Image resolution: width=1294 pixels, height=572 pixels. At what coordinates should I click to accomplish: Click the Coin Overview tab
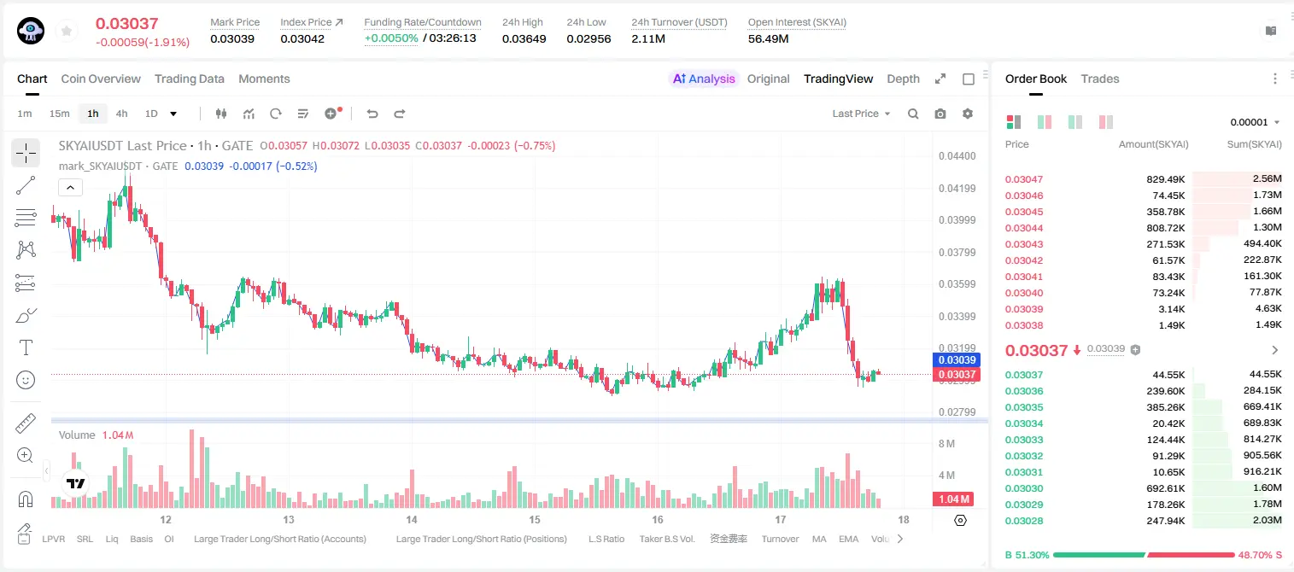pos(101,79)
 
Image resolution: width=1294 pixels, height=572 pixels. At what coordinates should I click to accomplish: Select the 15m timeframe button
pos(60,114)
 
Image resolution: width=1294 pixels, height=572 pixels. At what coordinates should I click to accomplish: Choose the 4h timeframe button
pos(121,114)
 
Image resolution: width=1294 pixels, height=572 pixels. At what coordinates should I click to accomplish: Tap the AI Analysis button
pos(704,79)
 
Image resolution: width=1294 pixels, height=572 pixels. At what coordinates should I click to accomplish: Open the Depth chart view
pos(903,79)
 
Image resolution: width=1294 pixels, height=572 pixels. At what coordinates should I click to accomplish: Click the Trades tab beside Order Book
pos(1100,79)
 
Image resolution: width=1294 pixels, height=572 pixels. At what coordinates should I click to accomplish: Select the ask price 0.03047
pos(1023,179)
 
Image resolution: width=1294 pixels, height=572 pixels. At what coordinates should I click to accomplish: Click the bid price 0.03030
pos(1023,488)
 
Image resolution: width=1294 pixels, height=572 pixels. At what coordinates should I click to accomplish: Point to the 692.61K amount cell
pos(1165,488)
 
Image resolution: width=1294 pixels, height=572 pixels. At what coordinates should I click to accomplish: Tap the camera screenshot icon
pos(940,114)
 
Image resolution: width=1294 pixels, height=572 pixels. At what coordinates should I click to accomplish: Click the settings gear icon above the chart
pos(968,114)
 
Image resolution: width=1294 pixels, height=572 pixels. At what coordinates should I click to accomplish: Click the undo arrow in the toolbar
pos(372,114)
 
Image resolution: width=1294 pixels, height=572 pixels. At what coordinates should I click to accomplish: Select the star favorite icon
pos(67,31)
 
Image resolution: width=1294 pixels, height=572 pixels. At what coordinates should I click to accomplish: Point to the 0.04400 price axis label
pos(957,156)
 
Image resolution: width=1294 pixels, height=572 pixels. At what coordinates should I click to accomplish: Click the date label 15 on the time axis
pos(535,519)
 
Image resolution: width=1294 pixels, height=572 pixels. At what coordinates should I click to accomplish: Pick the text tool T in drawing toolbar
pos(26,347)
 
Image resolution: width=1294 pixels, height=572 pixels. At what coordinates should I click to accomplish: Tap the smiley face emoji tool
pos(26,380)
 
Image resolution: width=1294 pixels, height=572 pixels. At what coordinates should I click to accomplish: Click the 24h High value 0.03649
pos(524,38)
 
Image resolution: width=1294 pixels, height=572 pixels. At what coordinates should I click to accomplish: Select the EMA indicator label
pos(848,539)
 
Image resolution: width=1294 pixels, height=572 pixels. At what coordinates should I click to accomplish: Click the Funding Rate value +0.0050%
pos(391,38)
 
